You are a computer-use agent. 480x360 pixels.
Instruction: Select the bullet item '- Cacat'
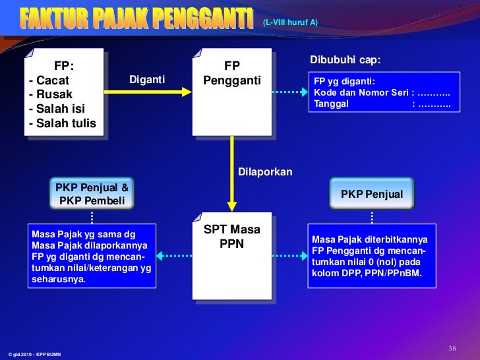click(x=49, y=80)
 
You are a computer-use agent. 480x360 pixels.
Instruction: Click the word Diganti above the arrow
click(x=147, y=80)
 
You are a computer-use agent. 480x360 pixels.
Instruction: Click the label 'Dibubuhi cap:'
click(x=345, y=60)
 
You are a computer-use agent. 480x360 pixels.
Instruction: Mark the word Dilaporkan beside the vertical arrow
click(x=264, y=171)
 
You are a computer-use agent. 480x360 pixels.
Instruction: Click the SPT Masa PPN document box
click(x=231, y=255)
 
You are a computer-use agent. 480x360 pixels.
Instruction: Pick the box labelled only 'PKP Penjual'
click(x=372, y=195)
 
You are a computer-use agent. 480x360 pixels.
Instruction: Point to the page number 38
click(x=452, y=348)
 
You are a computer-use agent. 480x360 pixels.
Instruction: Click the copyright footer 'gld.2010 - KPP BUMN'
click(x=34, y=355)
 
